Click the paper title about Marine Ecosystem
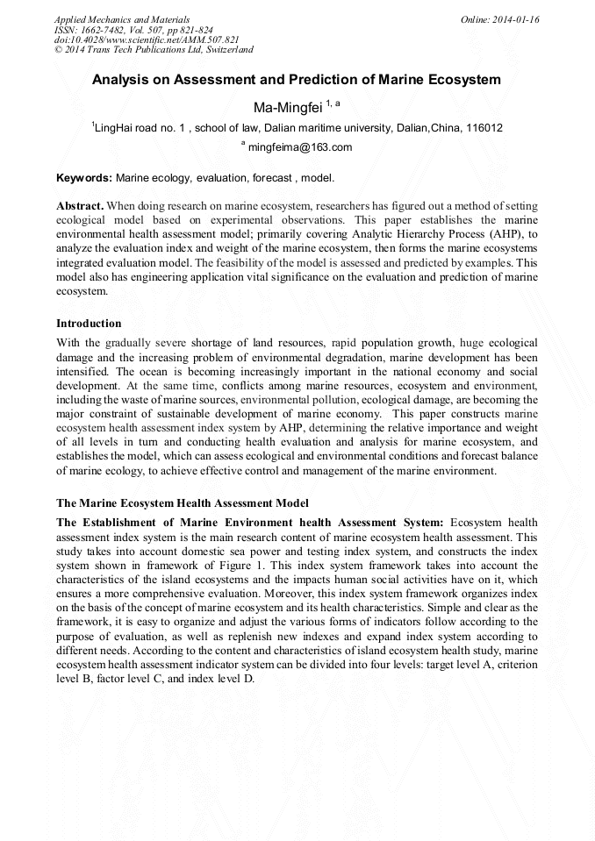[297, 80]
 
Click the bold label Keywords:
[84, 178]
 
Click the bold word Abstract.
[80, 205]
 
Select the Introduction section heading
[89, 324]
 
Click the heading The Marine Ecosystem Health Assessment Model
[182, 503]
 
